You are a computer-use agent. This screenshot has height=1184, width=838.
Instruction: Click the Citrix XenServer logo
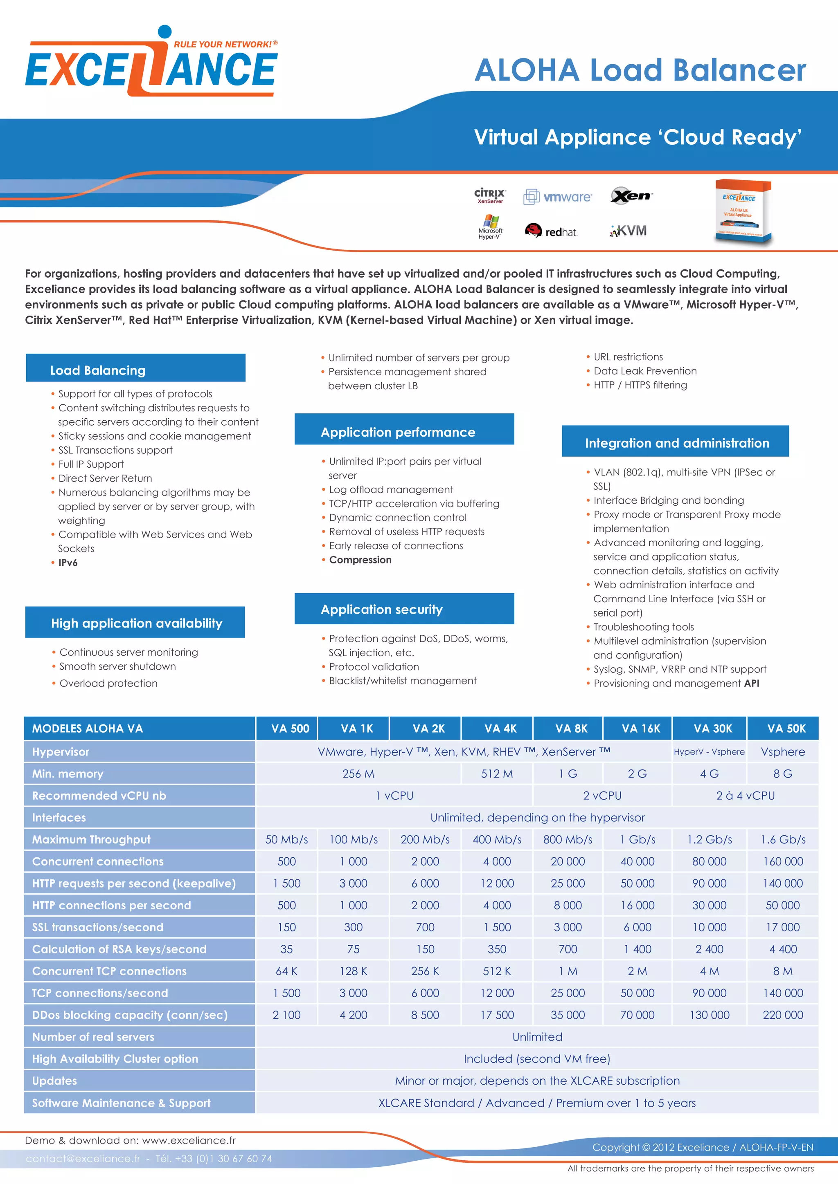490,196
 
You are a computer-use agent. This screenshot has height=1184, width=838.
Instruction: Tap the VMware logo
558,197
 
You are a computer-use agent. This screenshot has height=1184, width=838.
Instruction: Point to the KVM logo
628,231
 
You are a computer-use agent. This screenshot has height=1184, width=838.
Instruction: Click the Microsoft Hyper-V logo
490,227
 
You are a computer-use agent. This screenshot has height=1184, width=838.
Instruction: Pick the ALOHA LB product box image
743,211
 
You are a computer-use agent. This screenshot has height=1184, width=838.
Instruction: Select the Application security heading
382,610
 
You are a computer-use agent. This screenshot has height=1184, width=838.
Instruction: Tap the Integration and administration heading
677,443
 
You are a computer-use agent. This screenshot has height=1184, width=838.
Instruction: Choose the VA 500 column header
290,728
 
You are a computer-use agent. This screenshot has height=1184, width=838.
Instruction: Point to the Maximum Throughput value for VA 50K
783,839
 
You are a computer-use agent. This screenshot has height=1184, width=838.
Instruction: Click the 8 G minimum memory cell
782,774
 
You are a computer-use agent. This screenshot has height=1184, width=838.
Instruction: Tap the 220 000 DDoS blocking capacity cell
783,1015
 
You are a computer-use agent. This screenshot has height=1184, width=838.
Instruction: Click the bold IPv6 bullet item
68,563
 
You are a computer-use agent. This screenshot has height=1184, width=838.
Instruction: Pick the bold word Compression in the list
360,560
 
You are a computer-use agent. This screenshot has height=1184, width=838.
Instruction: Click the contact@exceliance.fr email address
83,1158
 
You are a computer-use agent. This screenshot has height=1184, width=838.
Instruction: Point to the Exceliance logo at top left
151,65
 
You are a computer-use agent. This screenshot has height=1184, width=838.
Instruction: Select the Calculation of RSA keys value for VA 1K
354,949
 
